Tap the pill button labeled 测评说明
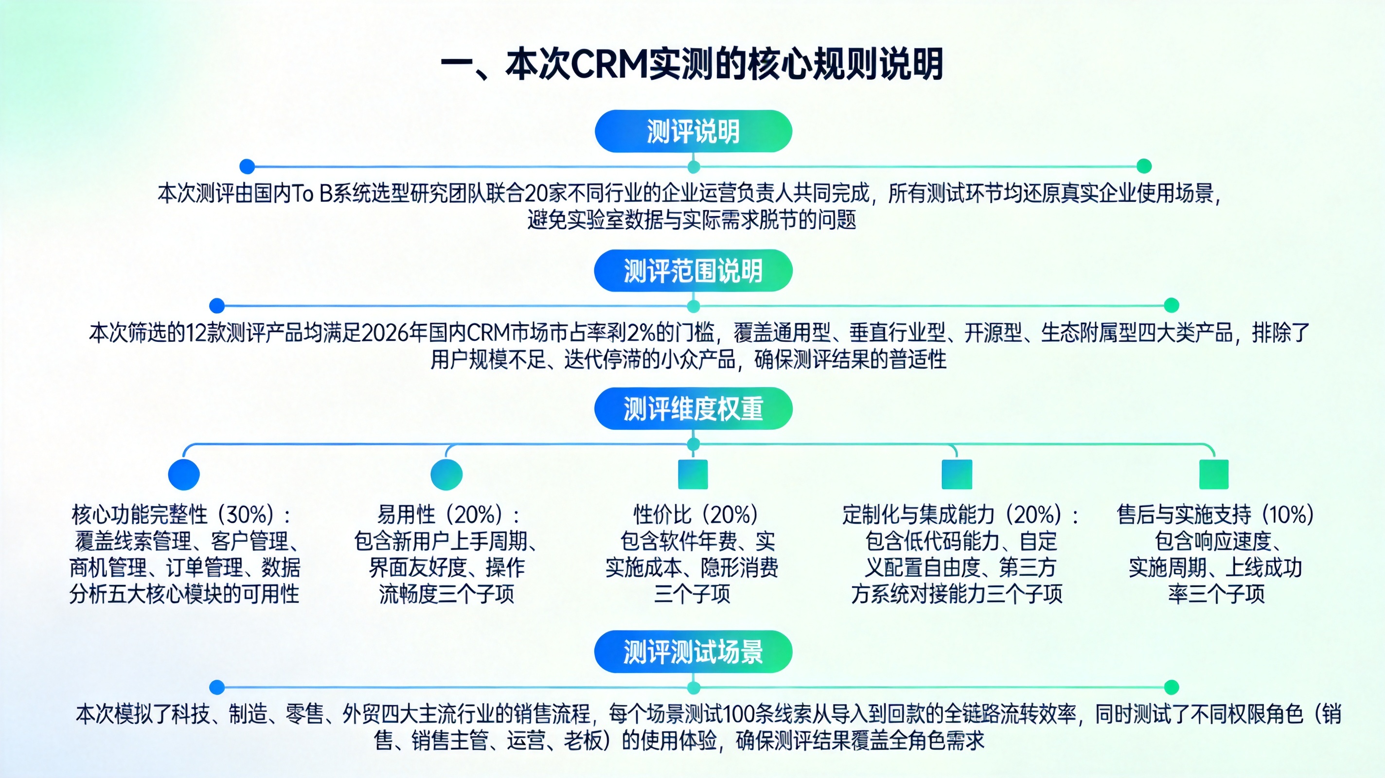[x=693, y=132]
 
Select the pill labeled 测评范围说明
[x=693, y=271]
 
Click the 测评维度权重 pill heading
[x=693, y=408]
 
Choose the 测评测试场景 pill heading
[x=693, y=652]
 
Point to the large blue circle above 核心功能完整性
[x=184, y=474]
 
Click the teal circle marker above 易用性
[x=446, y=474]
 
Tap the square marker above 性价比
[x=693, y=474]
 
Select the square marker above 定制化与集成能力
[x=957, y=474]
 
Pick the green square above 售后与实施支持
[x=1214, y=474]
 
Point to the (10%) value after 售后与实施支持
[x=1288, y=515]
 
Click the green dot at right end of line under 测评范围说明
[x=1171, y=305]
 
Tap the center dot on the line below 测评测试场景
[x=693, y=688]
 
